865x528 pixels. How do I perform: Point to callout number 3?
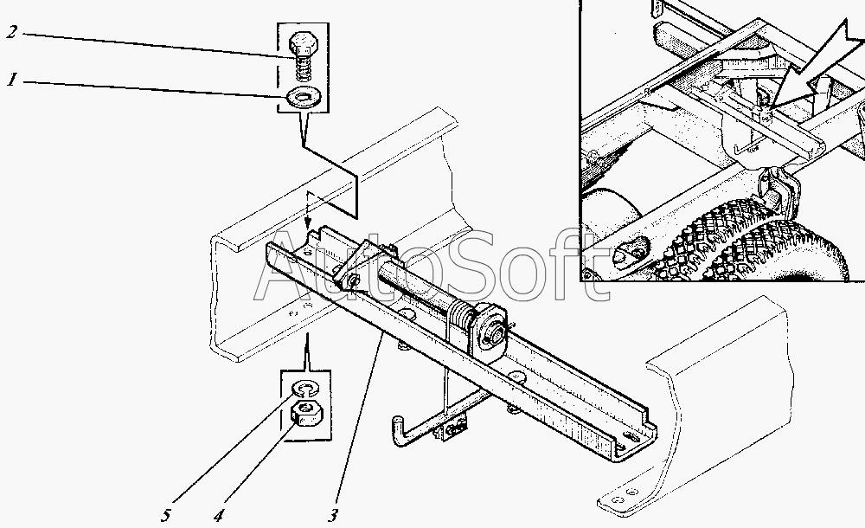333,515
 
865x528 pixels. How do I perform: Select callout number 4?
219,515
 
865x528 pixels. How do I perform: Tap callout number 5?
166,515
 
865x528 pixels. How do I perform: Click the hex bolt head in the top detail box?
301,42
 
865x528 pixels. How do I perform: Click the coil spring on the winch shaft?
462,317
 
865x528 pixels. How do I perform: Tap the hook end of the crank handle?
397,432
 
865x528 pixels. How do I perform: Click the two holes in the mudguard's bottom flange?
625,495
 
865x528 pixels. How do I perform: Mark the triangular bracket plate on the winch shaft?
359,264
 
